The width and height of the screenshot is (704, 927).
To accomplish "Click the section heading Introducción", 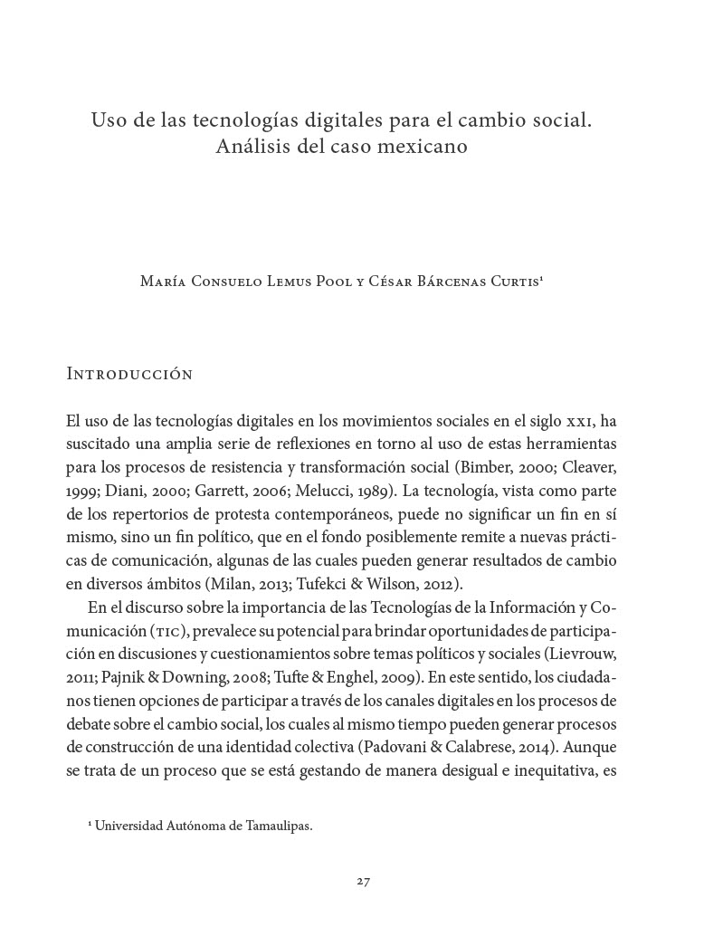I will tap(129, 374).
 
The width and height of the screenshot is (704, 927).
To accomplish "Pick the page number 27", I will tap(351, 880).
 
